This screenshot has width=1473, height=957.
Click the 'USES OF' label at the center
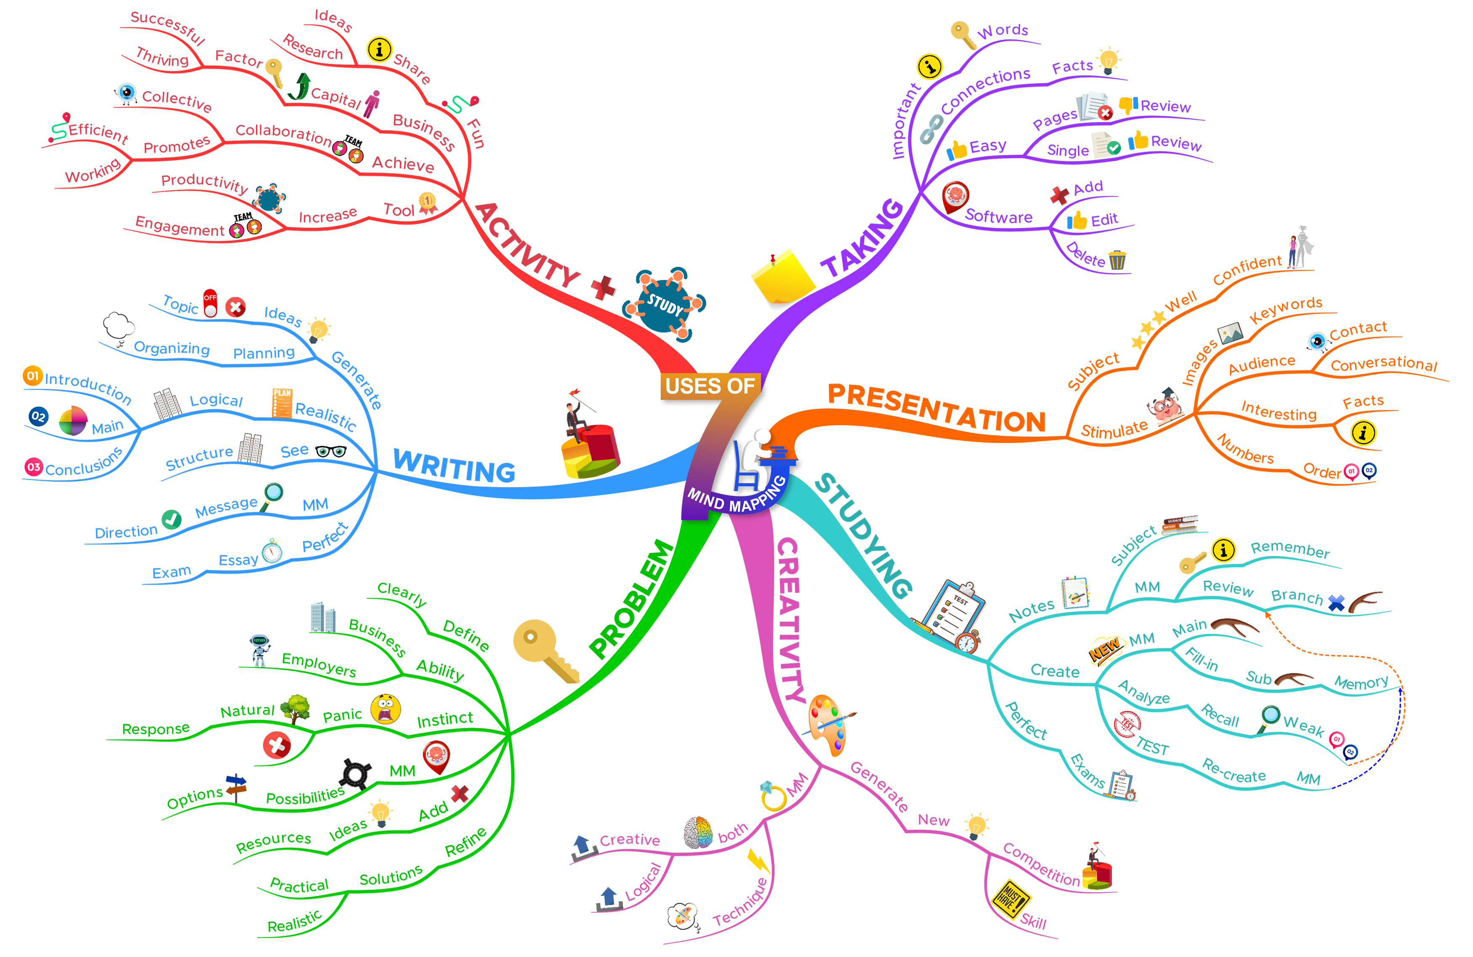point(710,386)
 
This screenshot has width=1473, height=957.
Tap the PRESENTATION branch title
point(936,408)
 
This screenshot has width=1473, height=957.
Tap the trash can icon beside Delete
point(1117,261)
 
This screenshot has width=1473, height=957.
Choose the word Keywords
point(1285,309)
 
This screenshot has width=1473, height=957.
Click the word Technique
point(741,903)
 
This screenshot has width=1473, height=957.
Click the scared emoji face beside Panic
point(386,709)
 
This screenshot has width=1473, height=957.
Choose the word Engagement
point(179,227)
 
